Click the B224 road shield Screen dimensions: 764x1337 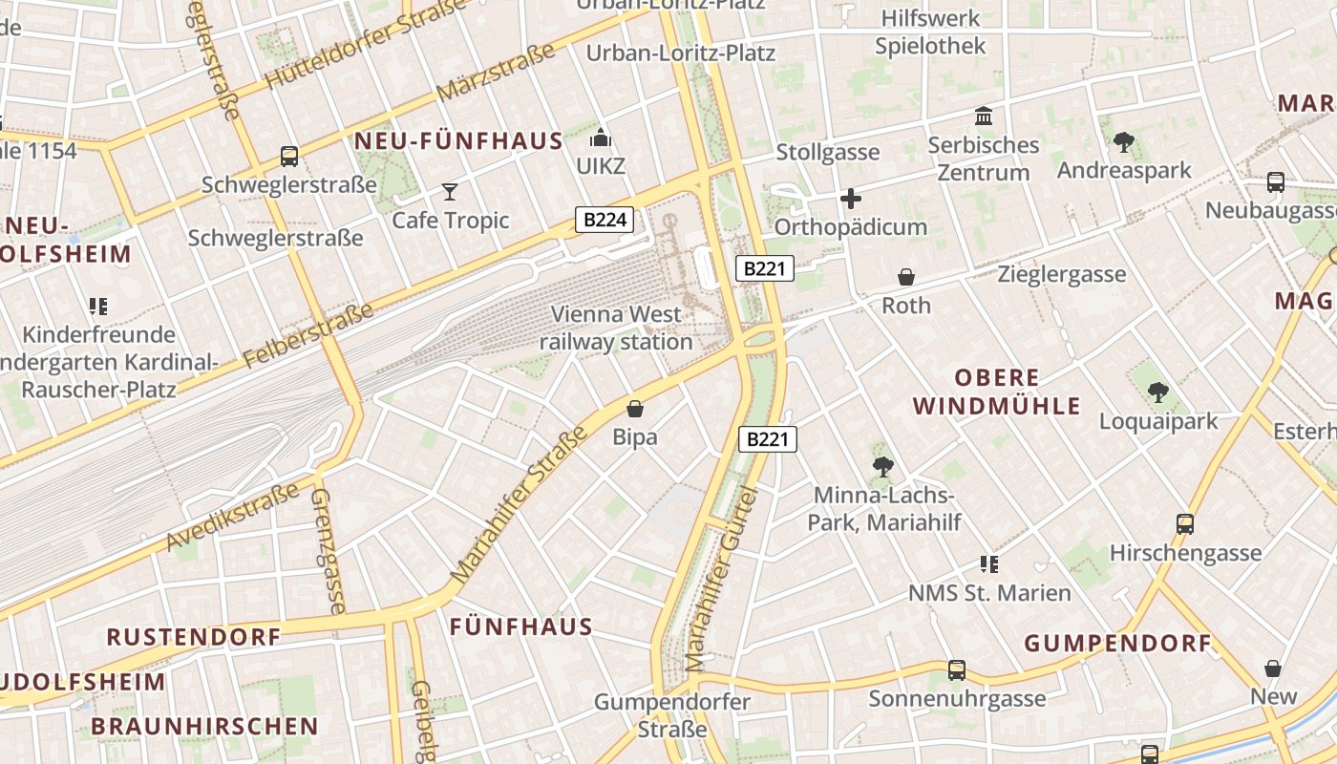[x=605, y=220]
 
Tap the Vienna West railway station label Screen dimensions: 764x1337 [x=616, y=328]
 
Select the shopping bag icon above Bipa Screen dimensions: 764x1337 [x=635, y=409]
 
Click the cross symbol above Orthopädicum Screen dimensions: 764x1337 [x=850, y=199]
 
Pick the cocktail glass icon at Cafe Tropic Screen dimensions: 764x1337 [x=450, y=191]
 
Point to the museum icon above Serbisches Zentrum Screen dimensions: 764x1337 [x=983, y=117]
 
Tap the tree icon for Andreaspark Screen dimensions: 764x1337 [x=1123, y=142]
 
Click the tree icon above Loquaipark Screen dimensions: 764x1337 [x=1157, y=392]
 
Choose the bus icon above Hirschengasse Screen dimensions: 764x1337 [x=1185, y=523]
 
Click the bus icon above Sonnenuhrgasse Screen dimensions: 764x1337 [x=957, y=670]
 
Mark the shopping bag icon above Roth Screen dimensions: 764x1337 [x=905, y=277]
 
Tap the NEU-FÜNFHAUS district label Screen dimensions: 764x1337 [x=458, y=141]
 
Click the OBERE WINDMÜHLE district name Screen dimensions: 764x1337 [x=997, y=392]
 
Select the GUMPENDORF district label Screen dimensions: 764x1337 [x=1117, y=643]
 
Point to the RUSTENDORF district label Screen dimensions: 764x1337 [x=193, y=636]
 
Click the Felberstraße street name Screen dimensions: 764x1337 [x=308, y=336]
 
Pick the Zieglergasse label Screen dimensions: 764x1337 [x=1061, y=275]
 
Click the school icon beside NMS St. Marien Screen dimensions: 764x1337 [x=988, y=563]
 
